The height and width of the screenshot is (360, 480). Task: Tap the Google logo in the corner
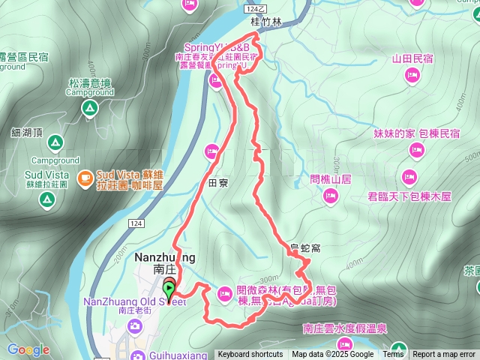point(28,349)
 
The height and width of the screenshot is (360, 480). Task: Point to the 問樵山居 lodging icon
point(331,196)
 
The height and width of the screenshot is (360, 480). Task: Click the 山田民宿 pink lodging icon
point(412,74)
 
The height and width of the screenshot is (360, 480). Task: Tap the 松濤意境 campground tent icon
point(89,110)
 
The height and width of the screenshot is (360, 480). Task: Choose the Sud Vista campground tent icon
point(46,199)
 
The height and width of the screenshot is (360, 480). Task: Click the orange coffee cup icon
point(86,178)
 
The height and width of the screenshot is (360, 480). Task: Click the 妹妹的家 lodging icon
point(417,151)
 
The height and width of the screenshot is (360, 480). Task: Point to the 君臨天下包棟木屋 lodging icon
point(409,178)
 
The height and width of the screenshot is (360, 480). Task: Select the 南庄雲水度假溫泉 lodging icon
point(397,349)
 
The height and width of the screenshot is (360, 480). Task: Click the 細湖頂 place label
point(27,132)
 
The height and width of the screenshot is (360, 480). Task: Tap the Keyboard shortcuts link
point(250,355)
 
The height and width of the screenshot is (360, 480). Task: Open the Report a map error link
point(444,355)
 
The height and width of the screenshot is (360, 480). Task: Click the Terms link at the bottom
point(393,355)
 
